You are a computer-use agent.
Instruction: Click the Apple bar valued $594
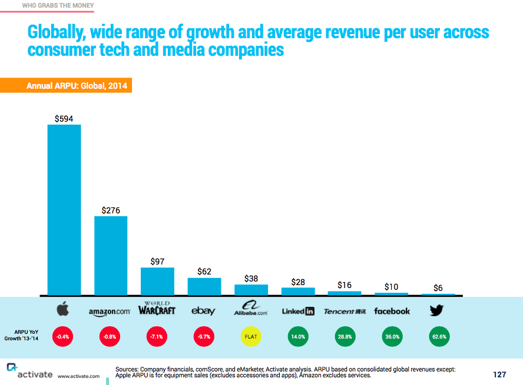pos(64,209)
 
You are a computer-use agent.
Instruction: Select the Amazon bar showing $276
pos(111,255)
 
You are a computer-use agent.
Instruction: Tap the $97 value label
pos(157,261)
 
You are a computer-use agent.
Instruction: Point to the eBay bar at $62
pos(204,286)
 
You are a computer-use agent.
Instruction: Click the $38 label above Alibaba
pos(251,279)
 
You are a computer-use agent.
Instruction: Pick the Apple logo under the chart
pos(63,309)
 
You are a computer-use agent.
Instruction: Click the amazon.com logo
pos(110,311)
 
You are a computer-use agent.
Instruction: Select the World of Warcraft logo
pos(157,309)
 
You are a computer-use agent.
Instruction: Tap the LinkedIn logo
pos(298,311)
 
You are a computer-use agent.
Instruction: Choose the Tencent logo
pos(345,311)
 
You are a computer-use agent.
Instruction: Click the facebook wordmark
pos(392,311)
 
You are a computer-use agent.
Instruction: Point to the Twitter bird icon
pos(437,310)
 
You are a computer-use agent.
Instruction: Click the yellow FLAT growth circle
pos(251,337)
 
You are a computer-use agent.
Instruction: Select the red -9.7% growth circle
pos(204,337)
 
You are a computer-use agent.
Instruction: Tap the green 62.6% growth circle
pos(438,337)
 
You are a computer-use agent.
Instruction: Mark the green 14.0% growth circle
pos(298,337)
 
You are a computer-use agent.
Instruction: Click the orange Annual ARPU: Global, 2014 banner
pos(65,86)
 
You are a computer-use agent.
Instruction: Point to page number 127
pos(499,374)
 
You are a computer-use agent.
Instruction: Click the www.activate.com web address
pos(79,376)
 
